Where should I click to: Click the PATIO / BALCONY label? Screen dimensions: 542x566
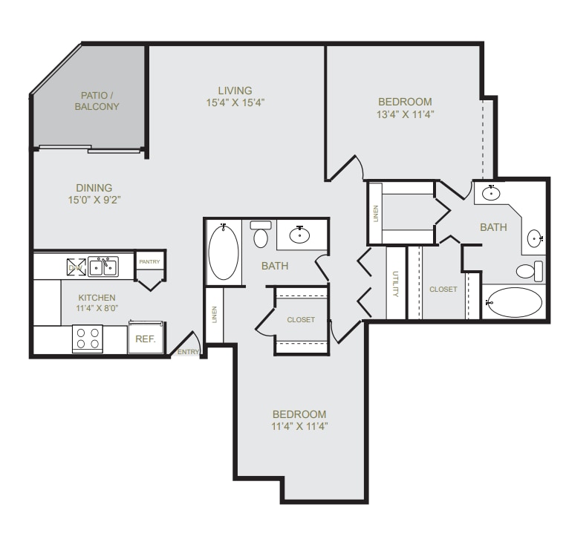click(x=97, y=101)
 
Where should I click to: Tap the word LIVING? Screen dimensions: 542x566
click(x=235, y=91)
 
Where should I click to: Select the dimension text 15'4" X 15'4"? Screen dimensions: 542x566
click(x=235, y=103)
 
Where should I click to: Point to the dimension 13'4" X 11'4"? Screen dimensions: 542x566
click(x=405, y=114)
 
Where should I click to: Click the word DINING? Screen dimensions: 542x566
click(x=94, y=188)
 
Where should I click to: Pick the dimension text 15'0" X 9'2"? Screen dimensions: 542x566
click(x=94, y=200)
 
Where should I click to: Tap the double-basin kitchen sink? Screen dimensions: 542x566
click(x=103, y=267)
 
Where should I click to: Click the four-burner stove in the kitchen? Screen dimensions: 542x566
click(x=88, y=339)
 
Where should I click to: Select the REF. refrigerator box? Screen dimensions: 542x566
click(x=144, y=338)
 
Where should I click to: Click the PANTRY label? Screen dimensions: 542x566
click(x=149, y=262)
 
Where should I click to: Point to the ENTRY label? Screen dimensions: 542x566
click(x=188, y=352)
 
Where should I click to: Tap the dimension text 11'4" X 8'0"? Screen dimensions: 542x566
click(x=97, y=310)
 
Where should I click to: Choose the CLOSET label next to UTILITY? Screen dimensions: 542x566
click(x=443, y=289)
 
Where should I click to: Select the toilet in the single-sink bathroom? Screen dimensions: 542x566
click(x=260, y=235)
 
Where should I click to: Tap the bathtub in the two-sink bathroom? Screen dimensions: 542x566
click(x=515, y=302)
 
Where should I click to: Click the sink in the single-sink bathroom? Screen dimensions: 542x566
click(x=300, y=235)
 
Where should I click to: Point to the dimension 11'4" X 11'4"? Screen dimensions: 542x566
click(x=299, y=426)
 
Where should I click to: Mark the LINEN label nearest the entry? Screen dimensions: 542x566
click(x=214, y=316)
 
